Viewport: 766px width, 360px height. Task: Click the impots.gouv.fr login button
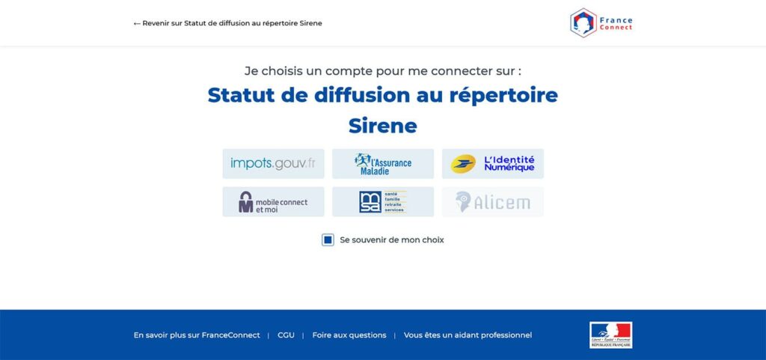pos(273,163)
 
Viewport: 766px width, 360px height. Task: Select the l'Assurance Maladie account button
pos(383,163)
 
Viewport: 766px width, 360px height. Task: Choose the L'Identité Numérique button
pos(492,163)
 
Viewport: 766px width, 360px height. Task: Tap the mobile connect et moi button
pos(273,202)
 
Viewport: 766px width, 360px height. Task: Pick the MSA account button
pos(383,202)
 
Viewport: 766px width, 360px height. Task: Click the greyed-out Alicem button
pos(492,202)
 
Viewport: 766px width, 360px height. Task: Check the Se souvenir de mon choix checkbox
pos(328,240)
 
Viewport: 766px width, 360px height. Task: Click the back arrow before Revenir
pos(137,23)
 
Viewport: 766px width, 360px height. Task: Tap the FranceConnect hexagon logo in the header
pos(583,22)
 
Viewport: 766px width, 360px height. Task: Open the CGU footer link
pos(286,335)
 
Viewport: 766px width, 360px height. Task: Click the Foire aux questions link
pos(349,335)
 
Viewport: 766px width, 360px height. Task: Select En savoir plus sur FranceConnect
pos(197,335)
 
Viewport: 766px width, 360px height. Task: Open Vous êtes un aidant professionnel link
pos(468,335)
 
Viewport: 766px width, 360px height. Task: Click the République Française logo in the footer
pos(610,335)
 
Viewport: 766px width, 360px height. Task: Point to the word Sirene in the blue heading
pos(382,125)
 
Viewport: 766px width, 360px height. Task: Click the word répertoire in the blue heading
pos(503,95)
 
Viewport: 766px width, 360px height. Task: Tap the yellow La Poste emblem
pos(463,163)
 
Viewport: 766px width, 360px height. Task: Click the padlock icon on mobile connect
pos(246,202)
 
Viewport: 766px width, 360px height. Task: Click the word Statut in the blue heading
pos(237,95)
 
